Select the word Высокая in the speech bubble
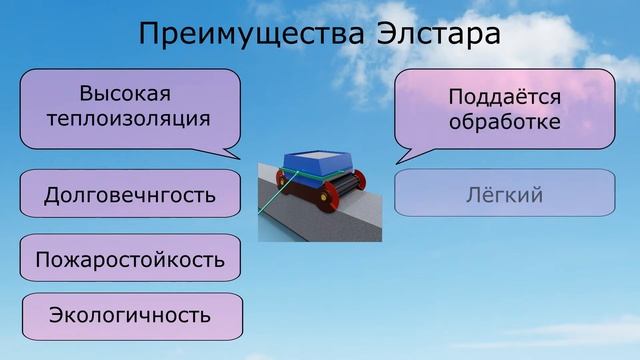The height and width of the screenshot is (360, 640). [x=126, y=94]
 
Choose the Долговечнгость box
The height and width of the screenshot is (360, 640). [x=130, y=194]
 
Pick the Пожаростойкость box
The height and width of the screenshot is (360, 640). [x=130, y=260]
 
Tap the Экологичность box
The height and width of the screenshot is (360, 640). [x=130, y=316]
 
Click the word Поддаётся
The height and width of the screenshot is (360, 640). [x=504, y=97]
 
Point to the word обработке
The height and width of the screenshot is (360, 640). [x=504, y=122]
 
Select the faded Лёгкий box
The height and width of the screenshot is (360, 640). [x=504, y=195]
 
